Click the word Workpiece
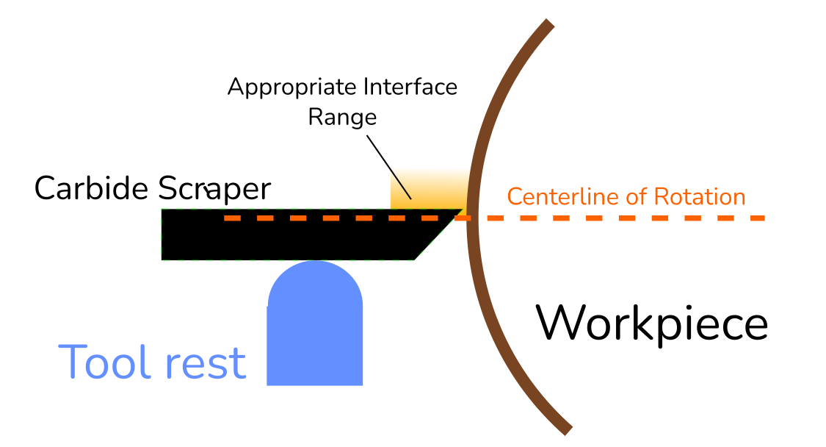tap(651, 323)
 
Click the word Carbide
tap(92, 189)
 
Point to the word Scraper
tap(214, 189)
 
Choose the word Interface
tap(410, 87)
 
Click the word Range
tap(342, 116)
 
